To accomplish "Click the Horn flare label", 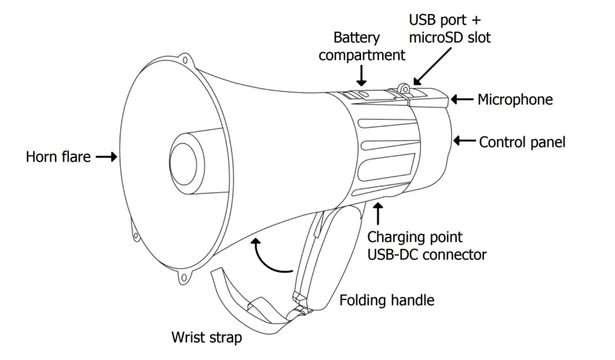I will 58,157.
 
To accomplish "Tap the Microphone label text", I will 515,100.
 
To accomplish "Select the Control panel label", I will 522,142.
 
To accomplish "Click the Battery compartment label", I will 361,46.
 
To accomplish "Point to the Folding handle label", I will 387,300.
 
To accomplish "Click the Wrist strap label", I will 207,337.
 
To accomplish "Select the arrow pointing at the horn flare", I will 106,157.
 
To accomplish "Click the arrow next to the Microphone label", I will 462,100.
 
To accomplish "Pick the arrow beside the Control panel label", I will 464,140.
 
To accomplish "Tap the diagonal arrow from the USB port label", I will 432,66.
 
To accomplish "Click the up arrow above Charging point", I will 379,213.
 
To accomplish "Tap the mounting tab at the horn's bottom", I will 183,278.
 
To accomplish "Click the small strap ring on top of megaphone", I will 404,88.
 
